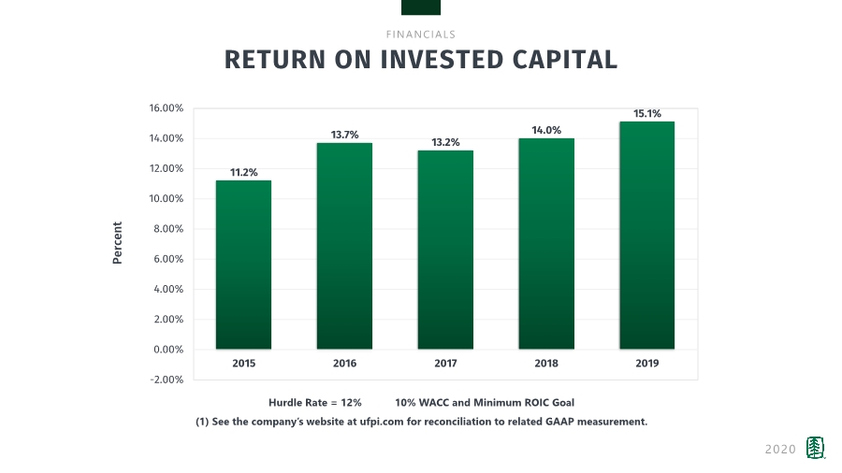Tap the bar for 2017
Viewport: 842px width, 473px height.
coord(445,250)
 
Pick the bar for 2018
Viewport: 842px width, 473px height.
coord(546,244)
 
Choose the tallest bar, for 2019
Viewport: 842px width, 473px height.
coord(647,236)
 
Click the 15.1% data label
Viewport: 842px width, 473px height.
coord(647,113)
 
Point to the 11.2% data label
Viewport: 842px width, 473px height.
coord(243,172)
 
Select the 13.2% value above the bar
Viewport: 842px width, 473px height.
coord(445,142)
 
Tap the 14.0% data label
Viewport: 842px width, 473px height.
coord(546,130)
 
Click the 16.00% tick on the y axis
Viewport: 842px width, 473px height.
coord(167,108)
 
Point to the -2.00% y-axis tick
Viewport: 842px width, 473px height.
coord(167,380)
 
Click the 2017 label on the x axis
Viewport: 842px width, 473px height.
coord(445,363)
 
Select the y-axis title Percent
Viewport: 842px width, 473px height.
coord(118,243)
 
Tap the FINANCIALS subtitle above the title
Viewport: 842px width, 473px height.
coord(421,35)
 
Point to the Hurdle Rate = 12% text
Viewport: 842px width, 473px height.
coord(314,402)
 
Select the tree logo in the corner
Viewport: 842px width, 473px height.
coord(816,449)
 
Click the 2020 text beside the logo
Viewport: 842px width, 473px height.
coord(780,450)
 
